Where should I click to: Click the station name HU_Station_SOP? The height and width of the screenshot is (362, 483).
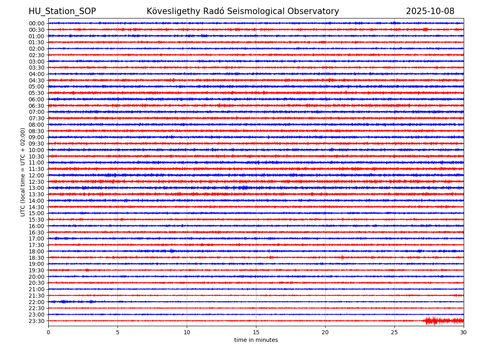click(62, 11)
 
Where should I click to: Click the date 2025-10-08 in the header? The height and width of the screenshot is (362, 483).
click(430, 11)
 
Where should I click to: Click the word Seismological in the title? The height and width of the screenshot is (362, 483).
click(256, 11)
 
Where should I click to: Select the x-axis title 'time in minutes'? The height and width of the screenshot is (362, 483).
click(256, 340)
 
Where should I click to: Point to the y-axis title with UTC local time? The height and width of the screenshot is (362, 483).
click(23, 172)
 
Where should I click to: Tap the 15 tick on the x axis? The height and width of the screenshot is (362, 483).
click(256, 332)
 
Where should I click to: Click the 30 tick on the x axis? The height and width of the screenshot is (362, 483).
click(464, 332)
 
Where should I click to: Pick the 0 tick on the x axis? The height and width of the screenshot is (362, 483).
click(48, 332)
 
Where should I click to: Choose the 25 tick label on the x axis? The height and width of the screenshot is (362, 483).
click(394, 332)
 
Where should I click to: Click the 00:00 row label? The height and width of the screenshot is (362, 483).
click(37, 23)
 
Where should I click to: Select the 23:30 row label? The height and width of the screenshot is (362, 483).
click(37, 321)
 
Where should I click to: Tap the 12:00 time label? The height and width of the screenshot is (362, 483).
click(37, 175)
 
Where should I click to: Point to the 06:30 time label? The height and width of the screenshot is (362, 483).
click(37, 106)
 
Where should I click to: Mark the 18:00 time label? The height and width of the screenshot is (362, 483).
click(37, 251)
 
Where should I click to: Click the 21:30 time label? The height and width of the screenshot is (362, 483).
click(37, 296)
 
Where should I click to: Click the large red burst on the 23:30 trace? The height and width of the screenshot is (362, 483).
click(432, 321)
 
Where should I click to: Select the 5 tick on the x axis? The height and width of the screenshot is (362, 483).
click(118, 332)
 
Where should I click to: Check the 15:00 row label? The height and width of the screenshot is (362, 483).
click(37, 213)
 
